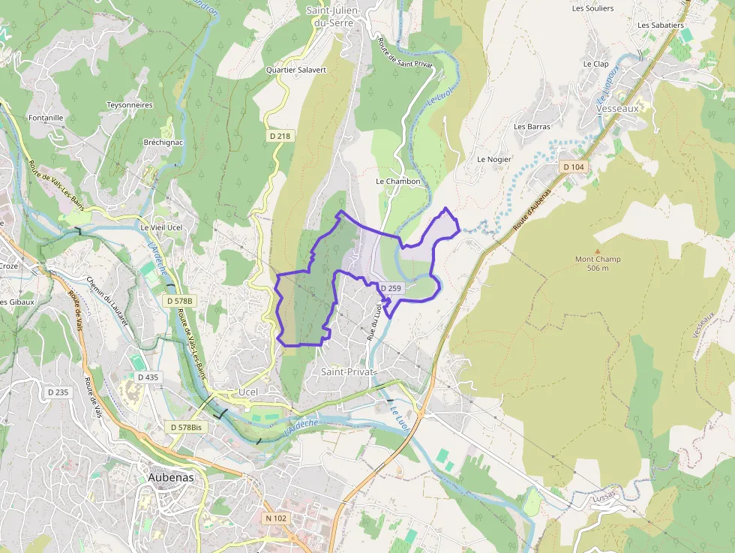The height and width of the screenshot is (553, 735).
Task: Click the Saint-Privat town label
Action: point(348,371)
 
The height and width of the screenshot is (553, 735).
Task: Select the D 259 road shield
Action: point(391,288)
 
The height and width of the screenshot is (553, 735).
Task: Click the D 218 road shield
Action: point(280,136)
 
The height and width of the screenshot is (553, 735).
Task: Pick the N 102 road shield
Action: point(276,518)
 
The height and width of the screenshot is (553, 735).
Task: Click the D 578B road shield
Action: point(179,301)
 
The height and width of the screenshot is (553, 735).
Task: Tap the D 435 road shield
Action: point(148,377)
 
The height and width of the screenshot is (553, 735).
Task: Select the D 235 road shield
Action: point(58,392)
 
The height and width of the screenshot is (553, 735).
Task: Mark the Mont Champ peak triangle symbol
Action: point(597,251)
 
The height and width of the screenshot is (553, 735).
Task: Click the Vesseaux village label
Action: point(617,108)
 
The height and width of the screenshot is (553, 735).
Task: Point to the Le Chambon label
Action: point(398,182)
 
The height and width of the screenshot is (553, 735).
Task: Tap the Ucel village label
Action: point(247,392)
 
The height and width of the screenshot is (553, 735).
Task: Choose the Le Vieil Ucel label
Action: point(161,227)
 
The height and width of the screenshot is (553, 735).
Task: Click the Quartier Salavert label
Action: point(296,70)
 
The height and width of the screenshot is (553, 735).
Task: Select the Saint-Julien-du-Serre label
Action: point(334,16)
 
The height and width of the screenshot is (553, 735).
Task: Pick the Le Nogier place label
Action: point(493,159)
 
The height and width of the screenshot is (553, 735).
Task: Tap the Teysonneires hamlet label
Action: point(130,105)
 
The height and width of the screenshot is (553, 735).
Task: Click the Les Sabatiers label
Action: point(661,25)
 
